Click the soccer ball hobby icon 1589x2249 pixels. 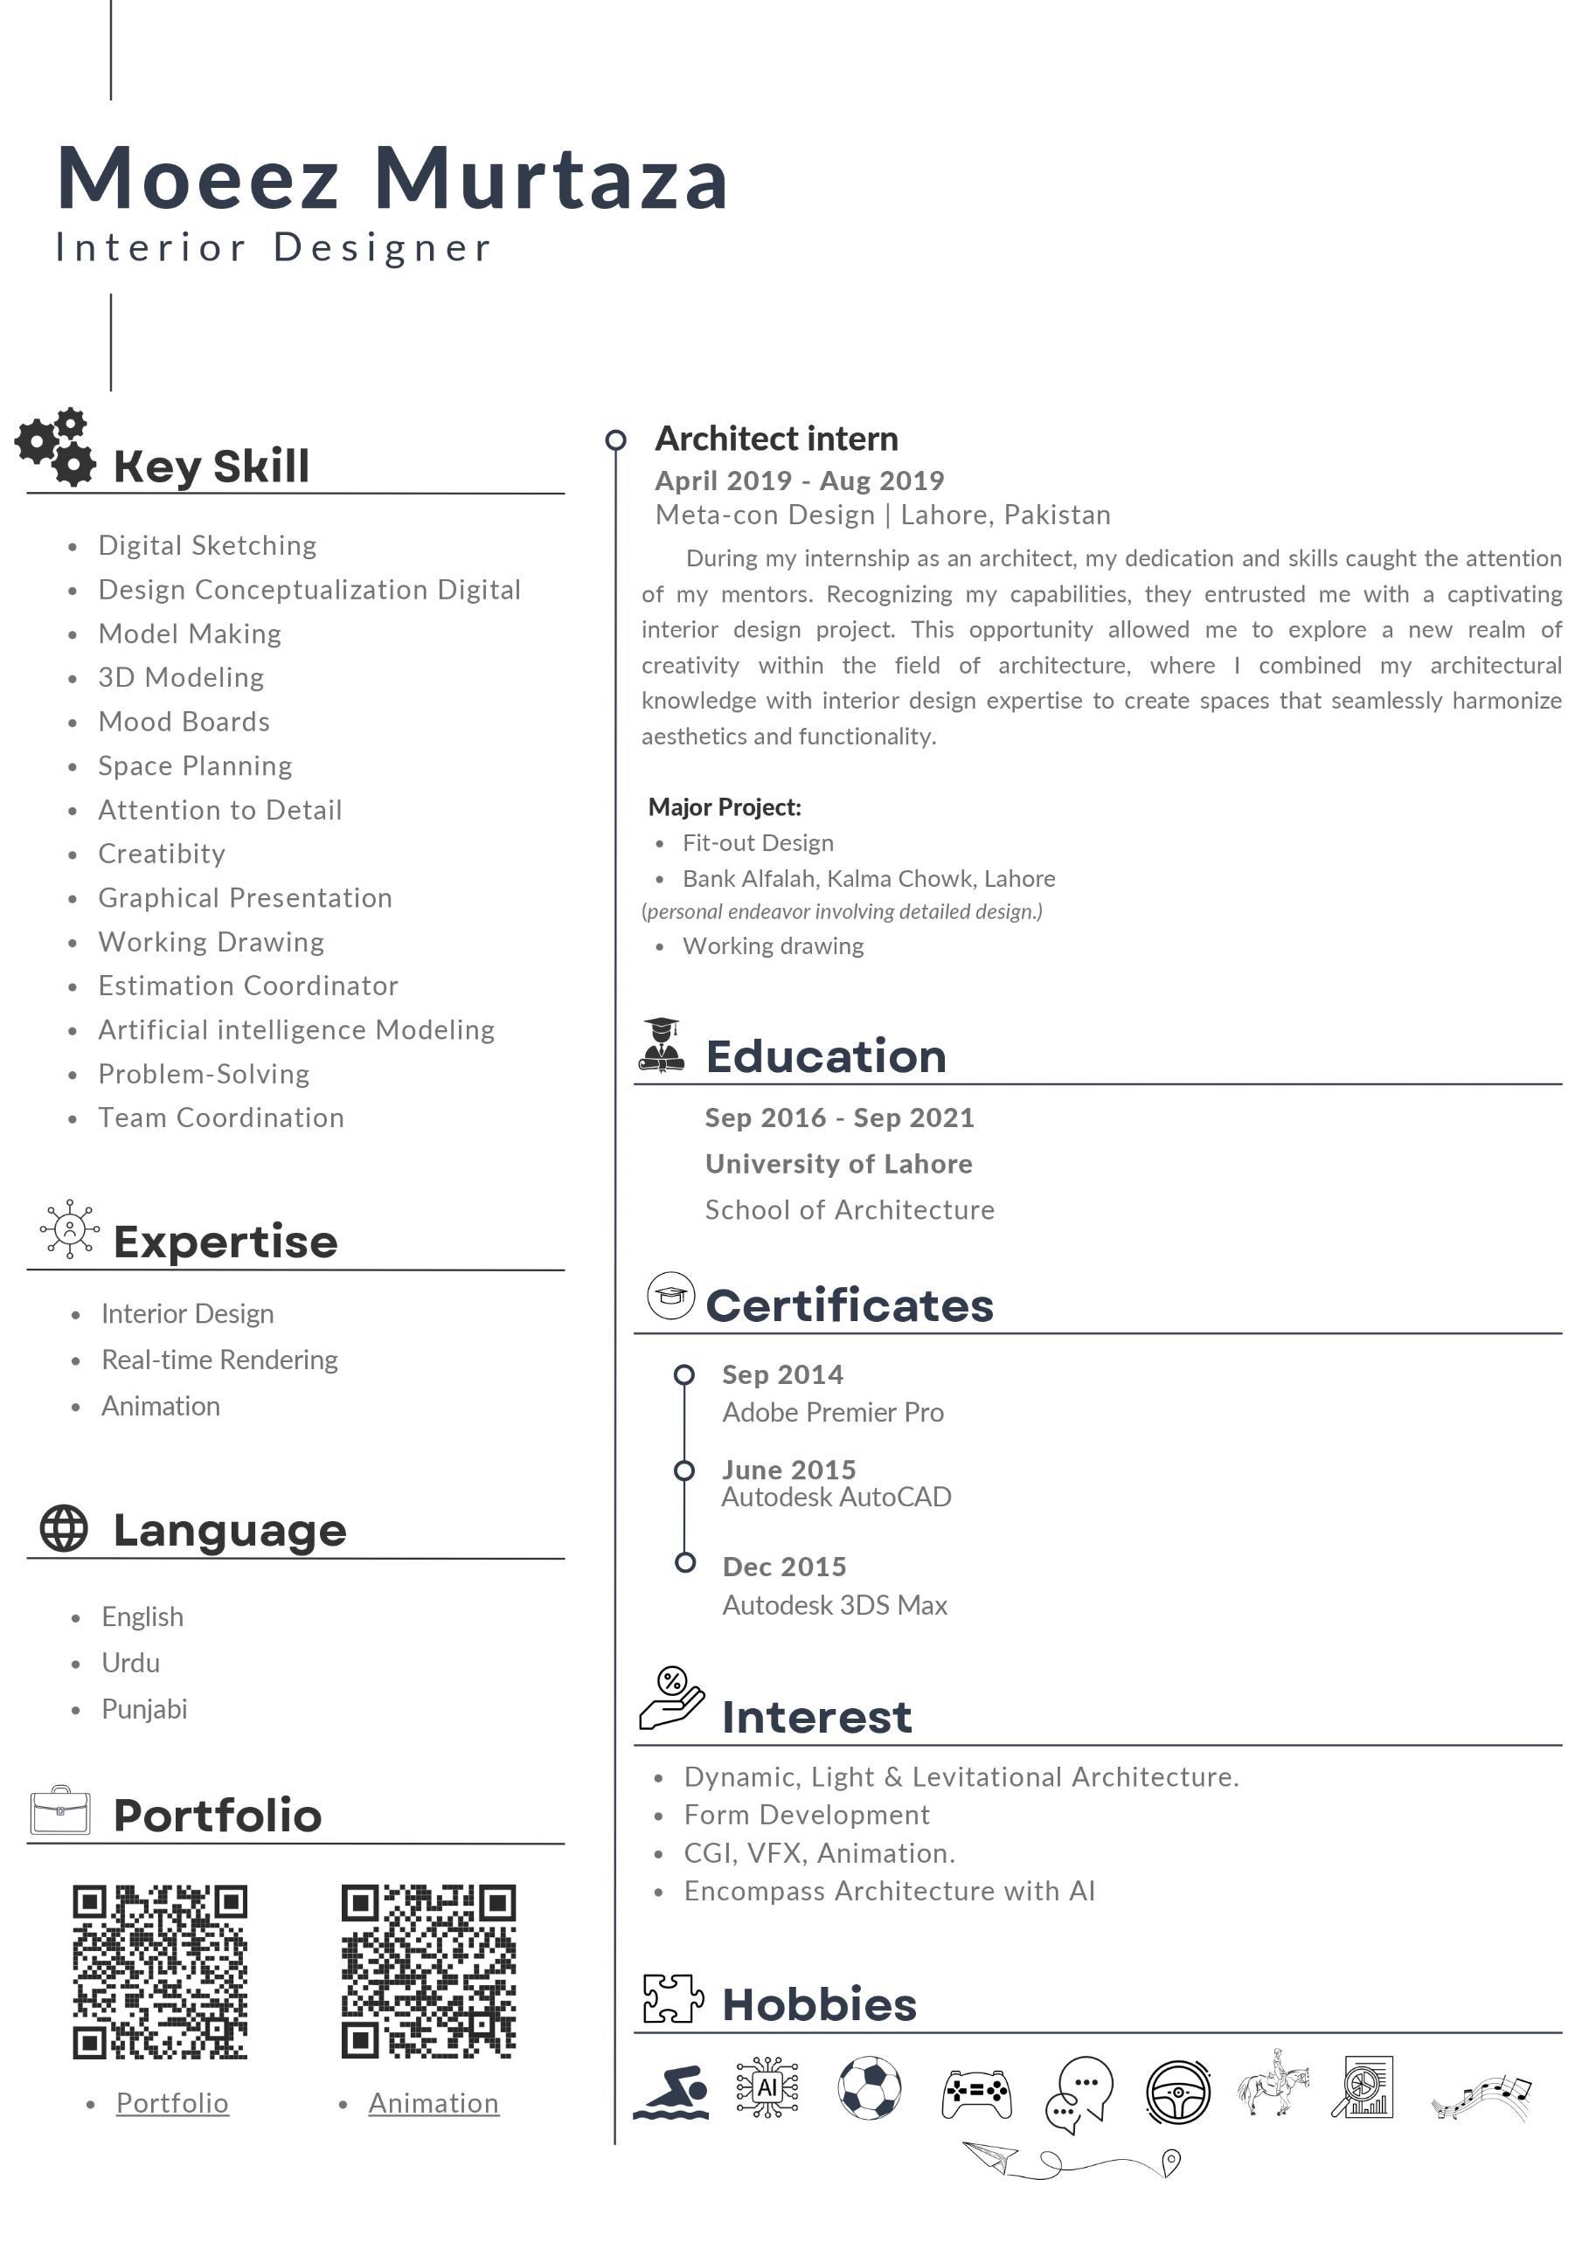point(869,2086)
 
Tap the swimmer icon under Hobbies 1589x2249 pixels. point(671,2092)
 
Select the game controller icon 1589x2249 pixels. point(975,2093)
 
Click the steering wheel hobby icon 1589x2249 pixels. point(1177,2092)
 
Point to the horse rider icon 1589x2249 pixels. point(1273,2084)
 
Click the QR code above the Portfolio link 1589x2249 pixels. point(160,1971)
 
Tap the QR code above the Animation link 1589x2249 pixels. point(428,1971)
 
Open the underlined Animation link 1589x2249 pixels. point(433,2103)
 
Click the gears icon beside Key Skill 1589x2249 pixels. point(56,447)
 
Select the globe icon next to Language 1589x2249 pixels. point(64,1528)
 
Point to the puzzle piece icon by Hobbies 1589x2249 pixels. point(673,1998)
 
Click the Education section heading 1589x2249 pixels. point(826,1056)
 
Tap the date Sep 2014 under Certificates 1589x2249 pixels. point(781,1374)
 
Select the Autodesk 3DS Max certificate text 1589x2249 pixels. point(835,1604)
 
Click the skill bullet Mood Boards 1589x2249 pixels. point(184,722)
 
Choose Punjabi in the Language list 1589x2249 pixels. point(144,1709)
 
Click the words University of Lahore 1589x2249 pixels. point(838,1164)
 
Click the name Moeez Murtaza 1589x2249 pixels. point(392,178)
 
